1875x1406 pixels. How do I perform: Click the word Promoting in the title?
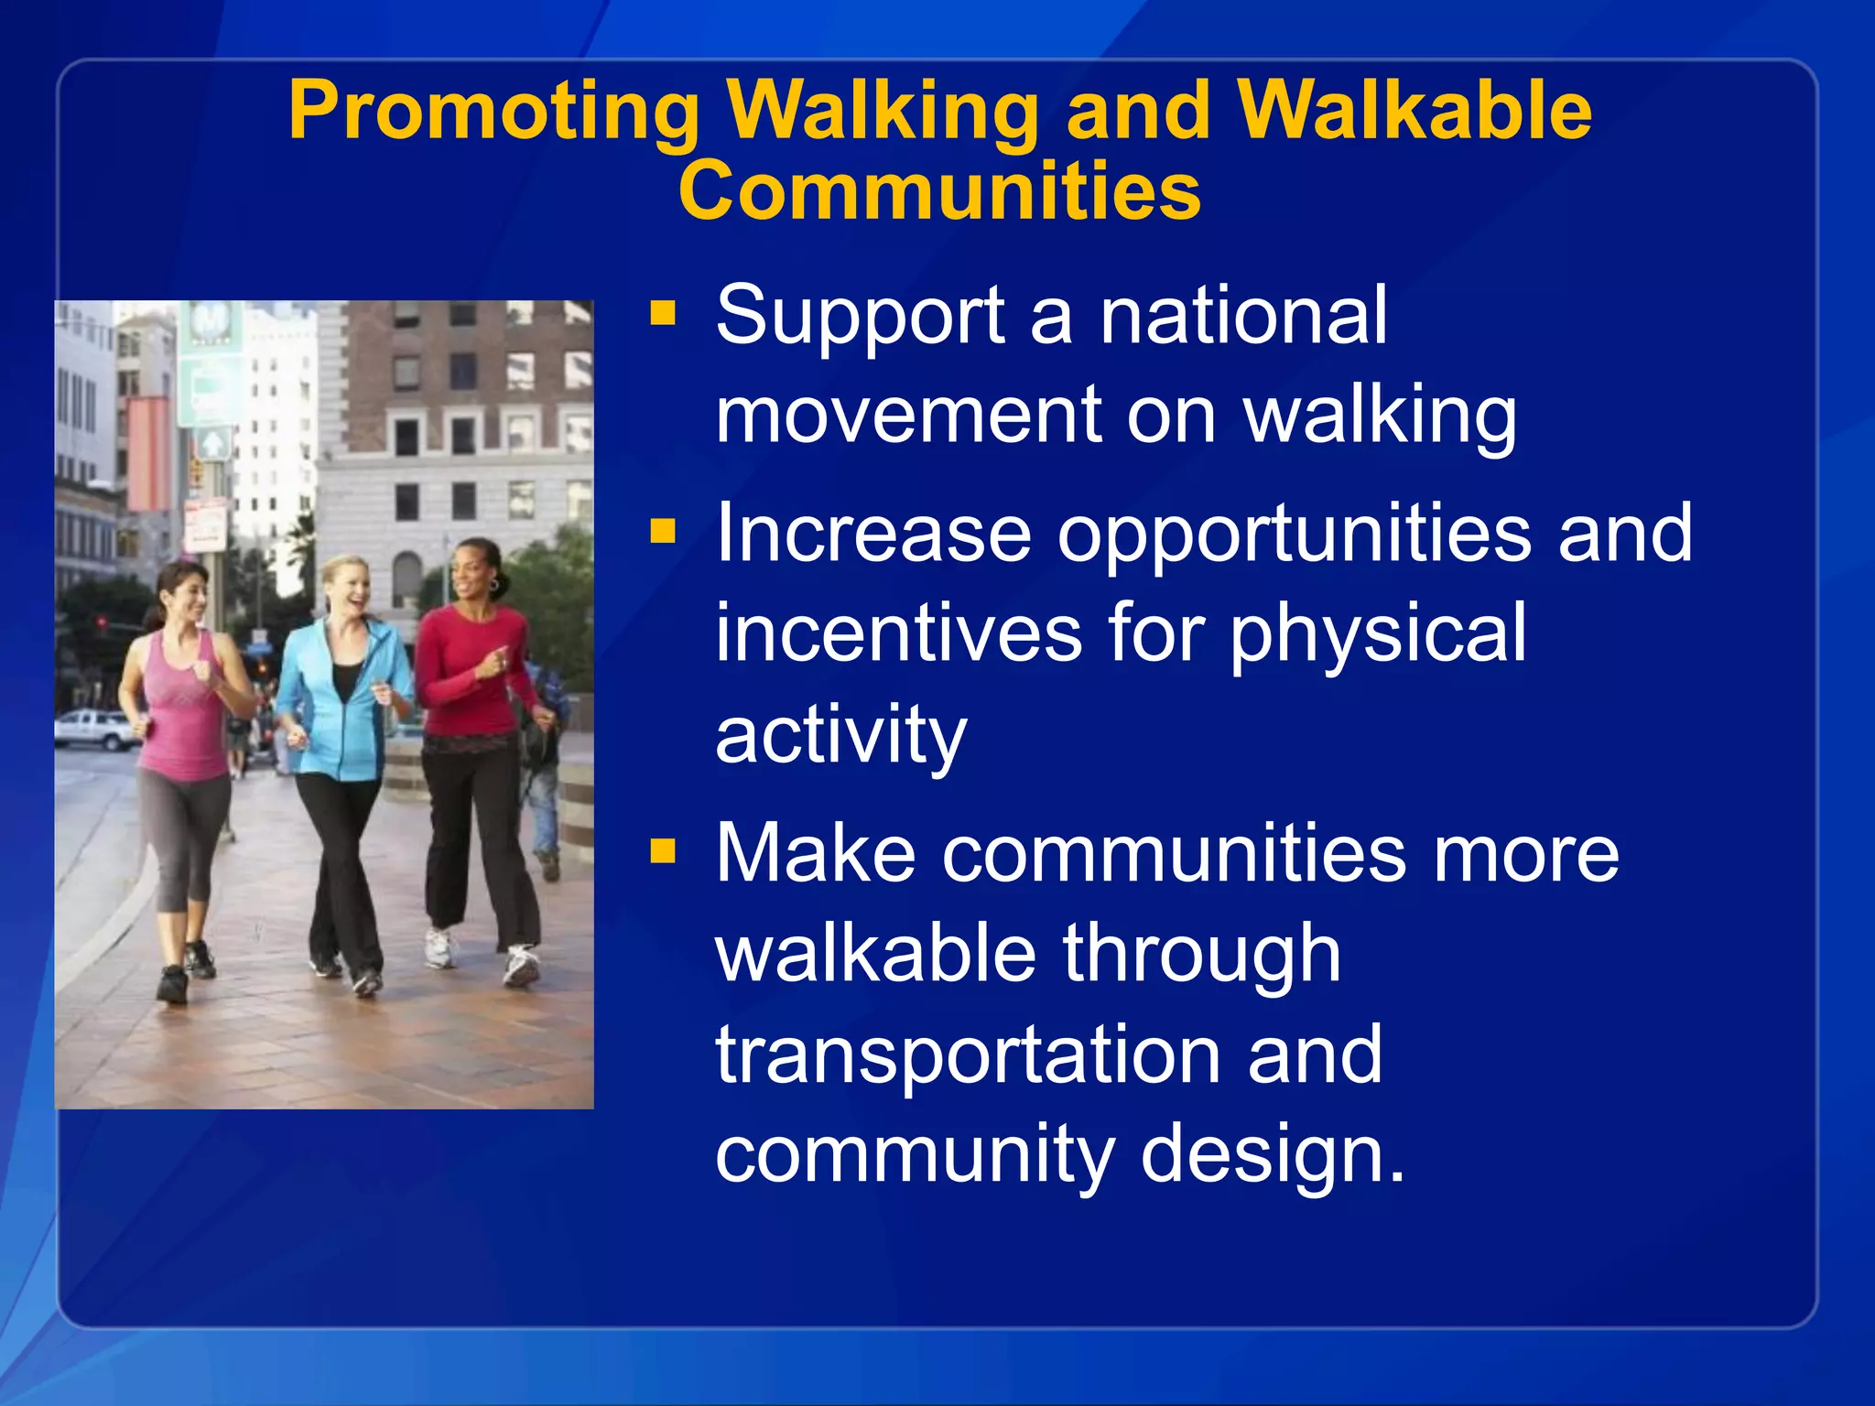click(x=494, y=112)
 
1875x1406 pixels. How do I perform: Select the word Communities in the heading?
click(x=939, y=191)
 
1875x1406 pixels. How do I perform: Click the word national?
click(x=1243, y=316)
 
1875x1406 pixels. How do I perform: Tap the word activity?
click(x=840, y=735)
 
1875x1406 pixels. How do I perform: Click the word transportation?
click(x=967, y=1055)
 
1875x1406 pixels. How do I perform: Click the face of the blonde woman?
click(x=346, y=586)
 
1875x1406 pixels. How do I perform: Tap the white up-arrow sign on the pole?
click(x=212, y=445)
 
